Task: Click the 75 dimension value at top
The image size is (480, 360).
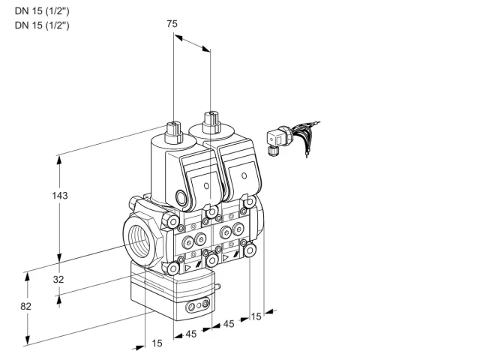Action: click(x=172, y=23)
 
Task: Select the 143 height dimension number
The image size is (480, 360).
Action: click(x=60, y=195)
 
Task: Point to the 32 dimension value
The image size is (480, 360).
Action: click(x=58, y=279)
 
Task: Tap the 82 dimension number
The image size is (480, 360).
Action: click(x=25, y=306)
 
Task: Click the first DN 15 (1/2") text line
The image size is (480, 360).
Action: click(x=42, y=11)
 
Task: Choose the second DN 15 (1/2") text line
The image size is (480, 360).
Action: click(x=42, y=25)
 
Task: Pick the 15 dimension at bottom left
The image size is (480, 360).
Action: click(x=157, y=343)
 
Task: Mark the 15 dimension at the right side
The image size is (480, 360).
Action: click(x=256, y=316)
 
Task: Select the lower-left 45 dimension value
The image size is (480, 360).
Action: click(x=191, y=334)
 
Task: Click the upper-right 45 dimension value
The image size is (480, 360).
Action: click(x=229, y=324)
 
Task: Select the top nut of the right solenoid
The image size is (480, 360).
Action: click(x=211, y=122)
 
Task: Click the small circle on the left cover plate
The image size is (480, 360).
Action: click(x=206, y=186)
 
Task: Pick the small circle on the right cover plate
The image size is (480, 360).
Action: click(x=244, y=175)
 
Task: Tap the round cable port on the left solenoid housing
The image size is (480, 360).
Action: click(x=181, y=196)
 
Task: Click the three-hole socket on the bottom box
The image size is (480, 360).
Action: click(x=198, y=305)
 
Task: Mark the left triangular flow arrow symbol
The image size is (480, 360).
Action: click(x=187, y=268)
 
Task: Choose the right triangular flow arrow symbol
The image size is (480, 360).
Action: click(x=225, y=258)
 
